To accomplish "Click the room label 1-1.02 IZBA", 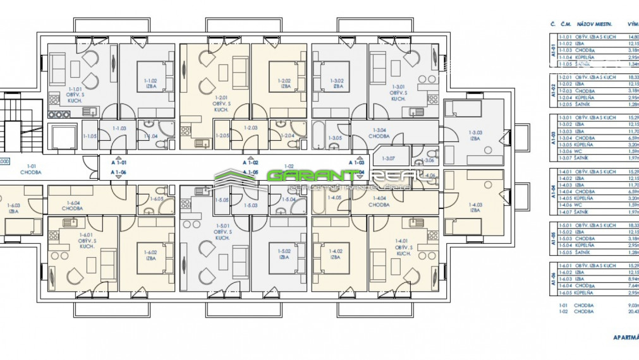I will (x=150, y=83).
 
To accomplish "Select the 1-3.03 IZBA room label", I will (x=475, y=135).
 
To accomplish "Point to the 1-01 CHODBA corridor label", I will (x=30, y=169).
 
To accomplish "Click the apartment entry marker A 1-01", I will (x=118, y=162).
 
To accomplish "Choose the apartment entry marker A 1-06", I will (x=118, y=172).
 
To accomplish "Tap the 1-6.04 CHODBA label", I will (x=72, y=205).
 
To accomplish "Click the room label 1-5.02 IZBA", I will (x=284, y=254).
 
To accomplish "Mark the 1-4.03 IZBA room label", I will (x=475, y=207).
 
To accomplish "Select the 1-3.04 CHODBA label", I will (x=379, y=133).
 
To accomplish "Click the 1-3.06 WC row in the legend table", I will (x=588, y=151).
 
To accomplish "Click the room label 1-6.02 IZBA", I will (x=150, y=256).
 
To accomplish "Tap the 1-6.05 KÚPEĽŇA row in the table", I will (x=588, y=293).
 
